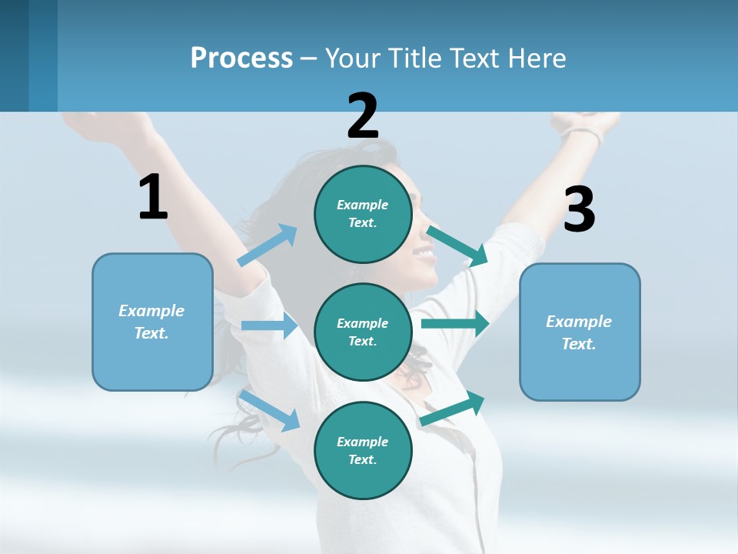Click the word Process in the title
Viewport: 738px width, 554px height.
click(x=241, y=58)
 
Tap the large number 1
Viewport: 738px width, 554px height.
click(x=153, y=197)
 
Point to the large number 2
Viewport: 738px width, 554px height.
click(x=362, y=116)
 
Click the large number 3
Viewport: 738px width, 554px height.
click(x=579, y=209)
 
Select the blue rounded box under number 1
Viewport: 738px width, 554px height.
click(x=152, y=322)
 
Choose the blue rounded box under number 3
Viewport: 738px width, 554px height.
click(x=580, y=332)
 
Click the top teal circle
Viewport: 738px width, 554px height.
click(x=363, y=214)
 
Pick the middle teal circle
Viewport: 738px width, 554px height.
click(x=363, y=332)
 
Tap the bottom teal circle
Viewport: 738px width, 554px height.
click(x=363, y=450)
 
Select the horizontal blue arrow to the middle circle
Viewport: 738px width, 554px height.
click(x=269, y=325)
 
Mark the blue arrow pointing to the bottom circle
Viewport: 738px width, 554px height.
click(x=270, y=409)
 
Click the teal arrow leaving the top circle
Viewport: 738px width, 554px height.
click(x=457, y=245)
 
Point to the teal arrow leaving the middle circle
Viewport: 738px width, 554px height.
click(x=454, y=323)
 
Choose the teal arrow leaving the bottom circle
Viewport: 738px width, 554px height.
click(x=453, y=409)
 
